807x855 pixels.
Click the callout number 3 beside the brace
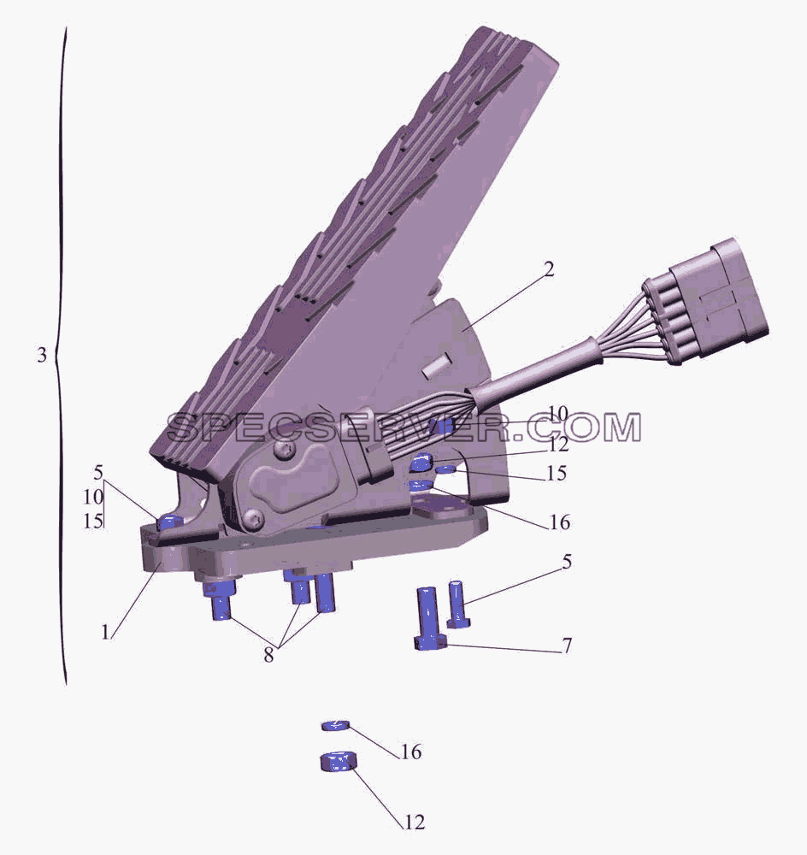pos(42,355)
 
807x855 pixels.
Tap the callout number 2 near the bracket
pos(549,269)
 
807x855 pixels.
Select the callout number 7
pos(567,646)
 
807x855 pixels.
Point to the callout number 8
pos(268,655)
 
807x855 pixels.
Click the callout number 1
pos(105,632)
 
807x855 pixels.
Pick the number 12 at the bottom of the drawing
pos(414,822)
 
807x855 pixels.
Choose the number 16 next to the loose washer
pos(412,752)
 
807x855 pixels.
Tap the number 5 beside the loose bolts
pos(567,562)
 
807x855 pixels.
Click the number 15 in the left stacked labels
pos(92,522)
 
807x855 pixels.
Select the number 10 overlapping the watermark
pos(558,414)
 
